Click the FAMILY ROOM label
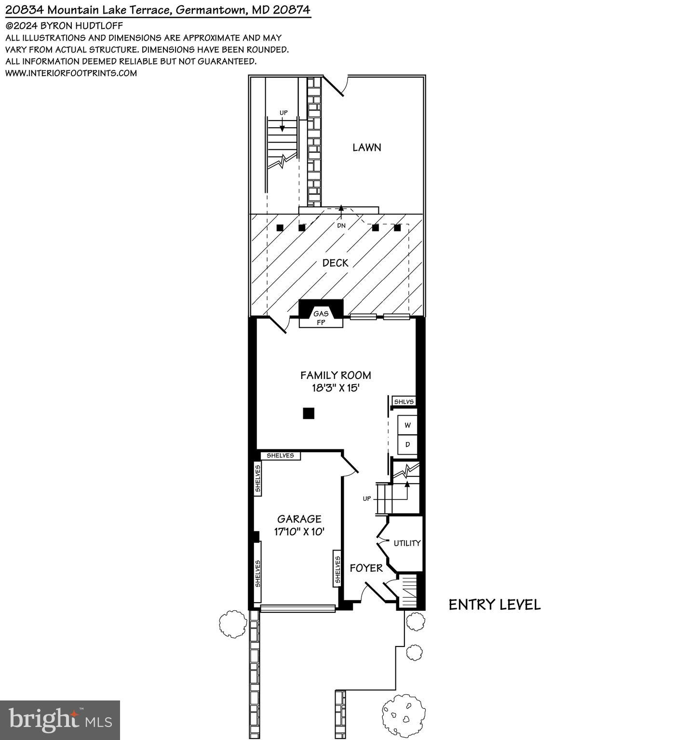coord(336,375)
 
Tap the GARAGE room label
coord(299,519)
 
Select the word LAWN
coord(366,148)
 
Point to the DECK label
coord(335,263)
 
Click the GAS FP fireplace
coord(321,318)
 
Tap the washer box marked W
coord(407,425)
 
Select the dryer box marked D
coord(407,444)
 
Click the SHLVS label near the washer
coord(404,402)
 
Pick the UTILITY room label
coord(407,543)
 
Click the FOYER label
coord(366,568)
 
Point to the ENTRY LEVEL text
coord(495,605)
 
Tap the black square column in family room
coord(309,413)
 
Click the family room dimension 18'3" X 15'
coord(336,388)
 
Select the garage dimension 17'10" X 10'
coord(299,532)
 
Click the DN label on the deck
coord(341,226)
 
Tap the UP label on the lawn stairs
coord(283,113)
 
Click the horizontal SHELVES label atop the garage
coord(280,456)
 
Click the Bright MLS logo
coord(60,720)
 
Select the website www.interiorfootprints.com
coord(71,73)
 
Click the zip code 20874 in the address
coord(292,10)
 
